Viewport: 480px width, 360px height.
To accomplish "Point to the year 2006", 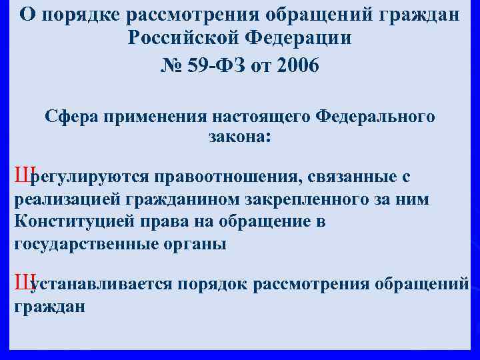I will [x=297, y=66].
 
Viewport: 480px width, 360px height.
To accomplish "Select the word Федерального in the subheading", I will [x=376, y=117].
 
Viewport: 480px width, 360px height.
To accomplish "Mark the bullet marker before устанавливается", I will [x=22, y=284].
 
